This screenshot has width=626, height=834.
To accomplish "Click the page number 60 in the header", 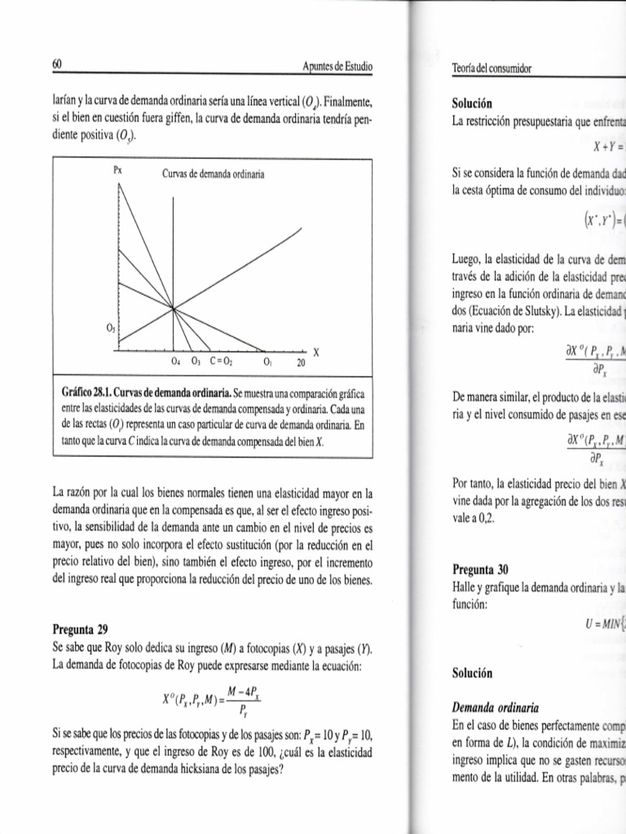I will pyautogui.click(x=58, y=64).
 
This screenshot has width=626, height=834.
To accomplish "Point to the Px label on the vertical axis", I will pyautogui.click(x=117, y=171).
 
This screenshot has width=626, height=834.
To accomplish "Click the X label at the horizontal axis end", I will pyautogui.click(x=316, y=352).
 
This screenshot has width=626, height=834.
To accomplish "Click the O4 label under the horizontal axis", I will pyautogui.click(x=174, y=362).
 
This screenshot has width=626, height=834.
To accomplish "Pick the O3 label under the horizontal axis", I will pyautogui.click(x=196, y=362).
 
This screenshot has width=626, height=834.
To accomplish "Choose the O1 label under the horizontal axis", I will pyautogui.click(x=267, y=362).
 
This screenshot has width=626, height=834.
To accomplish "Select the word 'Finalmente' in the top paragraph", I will pyautogui.click(x=348, y=102).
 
